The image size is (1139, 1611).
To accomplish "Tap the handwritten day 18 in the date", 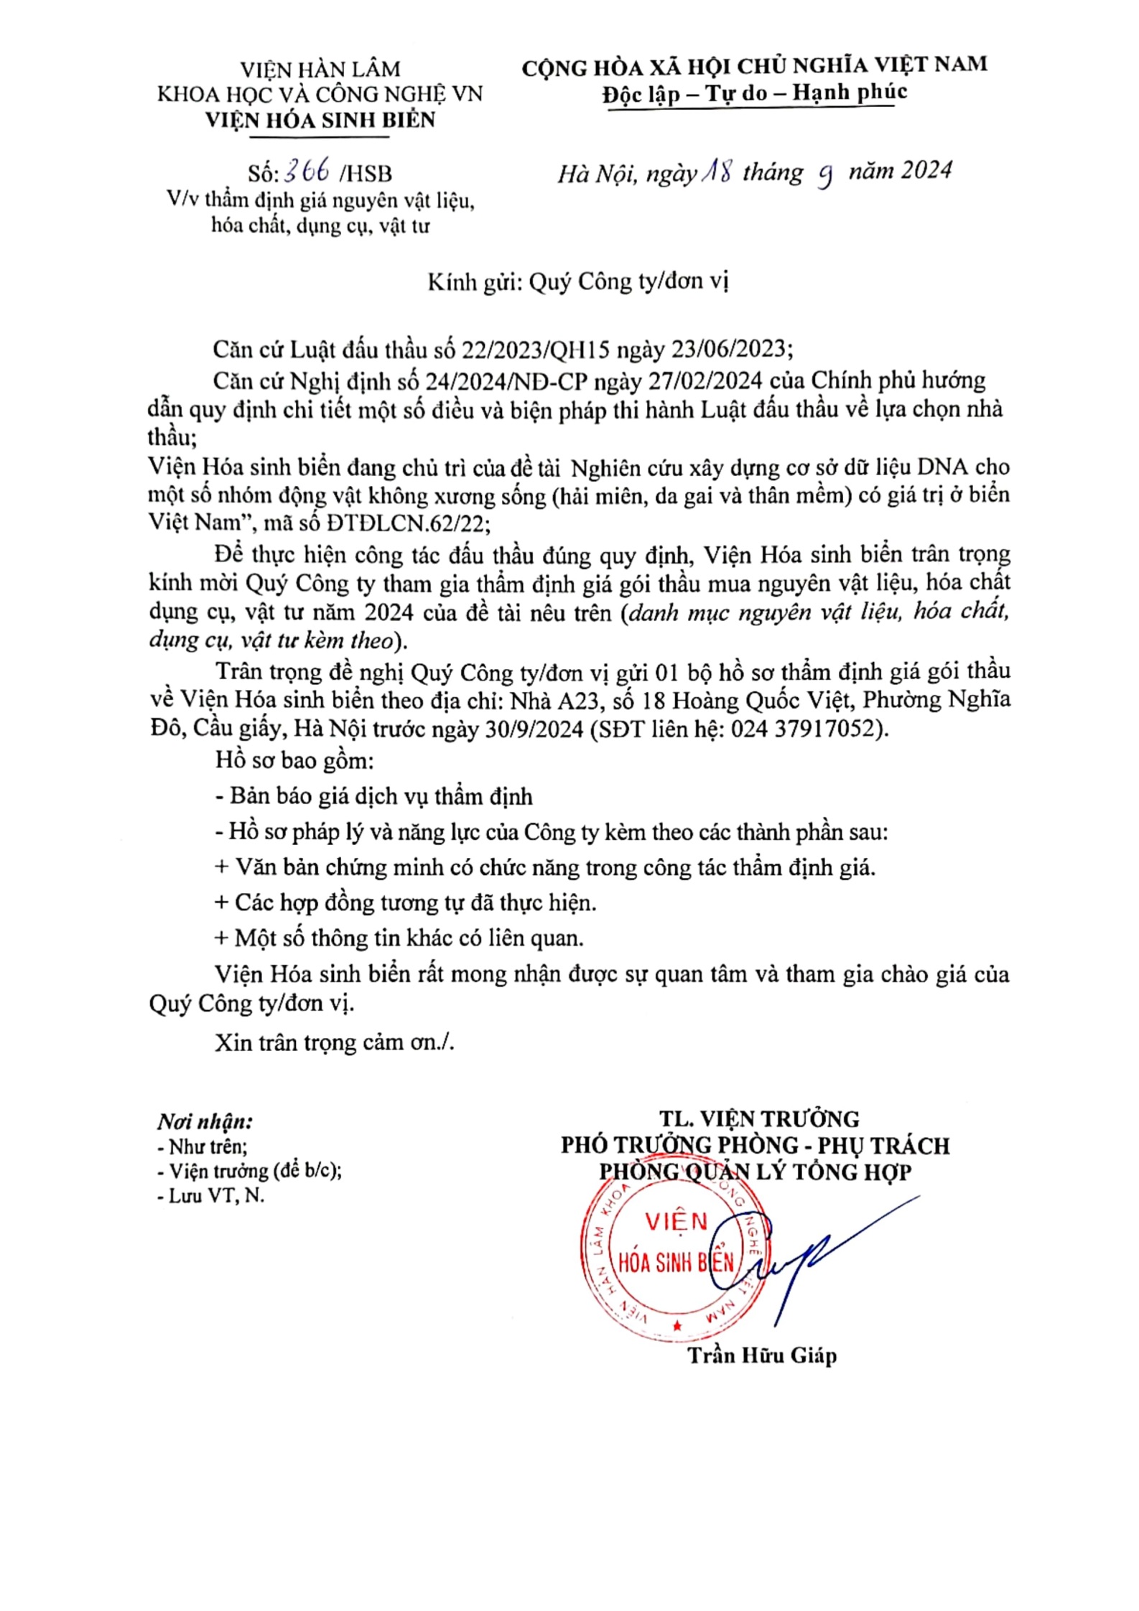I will tap(716, 172).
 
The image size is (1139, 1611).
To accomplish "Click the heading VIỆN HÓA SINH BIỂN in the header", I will tap(320, 120).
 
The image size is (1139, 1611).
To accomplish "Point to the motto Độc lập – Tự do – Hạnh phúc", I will tap(754, 93).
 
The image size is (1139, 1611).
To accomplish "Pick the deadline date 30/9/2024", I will tap(534, 729).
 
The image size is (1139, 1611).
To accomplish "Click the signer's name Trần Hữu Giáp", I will tap(762, 1355).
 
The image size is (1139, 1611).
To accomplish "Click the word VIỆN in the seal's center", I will tap(676, 1222).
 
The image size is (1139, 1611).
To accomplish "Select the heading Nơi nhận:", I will tap(205, 1122).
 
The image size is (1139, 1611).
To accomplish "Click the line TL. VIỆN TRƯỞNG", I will tap(759, 1119).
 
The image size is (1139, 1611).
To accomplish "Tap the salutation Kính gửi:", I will tap(475, 282).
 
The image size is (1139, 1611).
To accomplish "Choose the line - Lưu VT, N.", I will tap(210, 1196).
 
